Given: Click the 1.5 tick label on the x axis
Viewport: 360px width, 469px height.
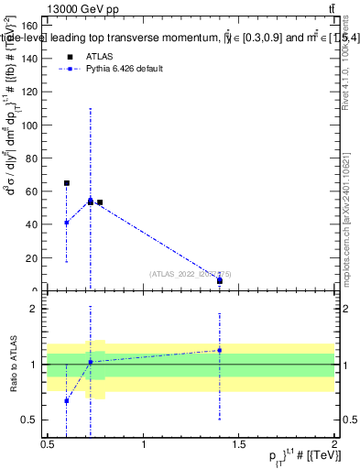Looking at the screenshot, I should tap(238, 445).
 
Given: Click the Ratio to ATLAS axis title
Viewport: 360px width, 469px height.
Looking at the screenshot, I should tap(12, 365).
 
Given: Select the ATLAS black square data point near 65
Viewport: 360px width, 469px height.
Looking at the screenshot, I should tap(67, 183).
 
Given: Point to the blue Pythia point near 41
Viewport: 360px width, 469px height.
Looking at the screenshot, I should tap(67, 223).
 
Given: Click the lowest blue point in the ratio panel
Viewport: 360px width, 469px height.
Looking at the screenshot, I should tap(67, 400).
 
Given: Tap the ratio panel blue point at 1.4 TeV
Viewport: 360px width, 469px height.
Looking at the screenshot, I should tap(220, 350).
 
